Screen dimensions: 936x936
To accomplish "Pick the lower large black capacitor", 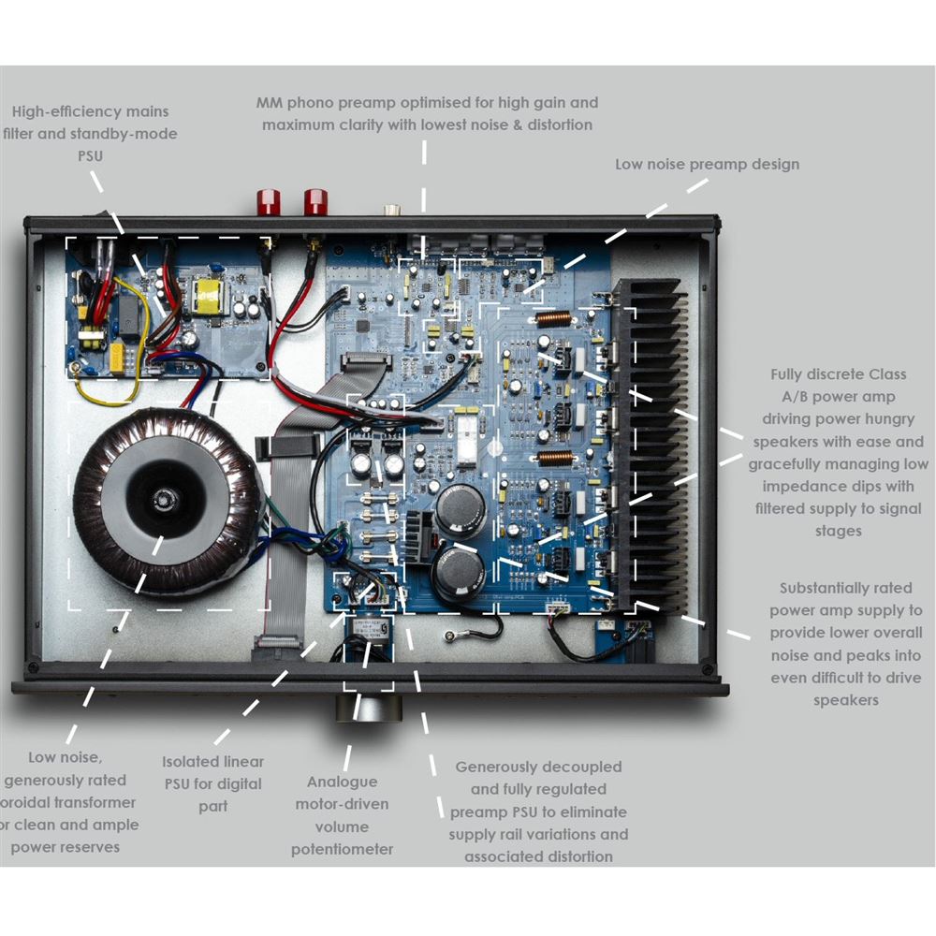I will click(x=458, y=572).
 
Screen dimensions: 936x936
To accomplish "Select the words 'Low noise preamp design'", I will click(x=707, y=165).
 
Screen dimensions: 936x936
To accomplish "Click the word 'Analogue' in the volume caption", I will click(x=343, y=782).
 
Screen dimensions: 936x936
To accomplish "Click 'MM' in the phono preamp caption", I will click(x=270, y=103).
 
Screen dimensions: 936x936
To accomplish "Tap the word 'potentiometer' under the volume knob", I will click(x=343, y=849).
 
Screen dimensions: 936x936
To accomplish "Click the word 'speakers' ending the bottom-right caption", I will click(x=845, y=700).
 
